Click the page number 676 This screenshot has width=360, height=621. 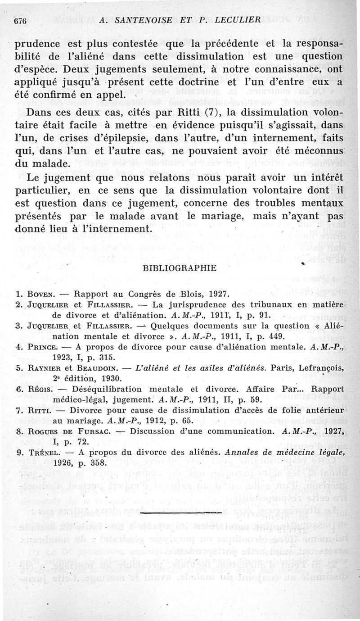[21, 21]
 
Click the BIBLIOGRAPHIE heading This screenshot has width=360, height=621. [173, 268]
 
